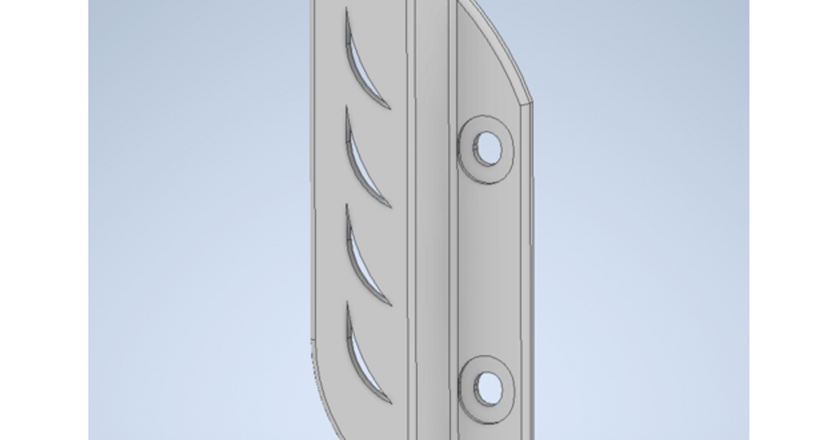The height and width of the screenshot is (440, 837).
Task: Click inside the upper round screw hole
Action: point(487,148)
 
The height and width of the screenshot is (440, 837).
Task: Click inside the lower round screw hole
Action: point(488,388)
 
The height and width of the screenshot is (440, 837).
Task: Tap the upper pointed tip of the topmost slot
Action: point(347,10)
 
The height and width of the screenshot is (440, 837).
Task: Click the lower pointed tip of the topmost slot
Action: point(389,108)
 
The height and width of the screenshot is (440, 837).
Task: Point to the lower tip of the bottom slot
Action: point(390,402)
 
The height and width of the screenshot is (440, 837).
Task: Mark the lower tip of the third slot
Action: point(390,305)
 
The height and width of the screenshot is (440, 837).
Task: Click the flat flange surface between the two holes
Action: point(492,265)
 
